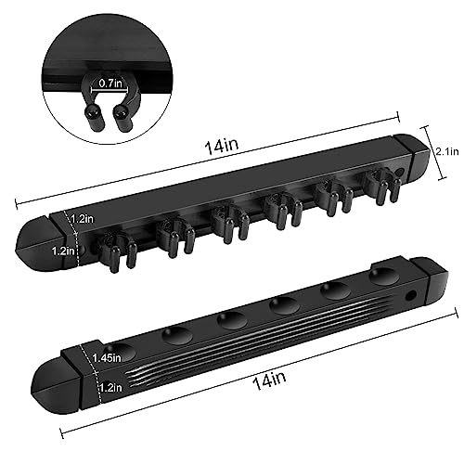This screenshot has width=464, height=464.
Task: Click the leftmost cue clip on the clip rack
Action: pos(117,250)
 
